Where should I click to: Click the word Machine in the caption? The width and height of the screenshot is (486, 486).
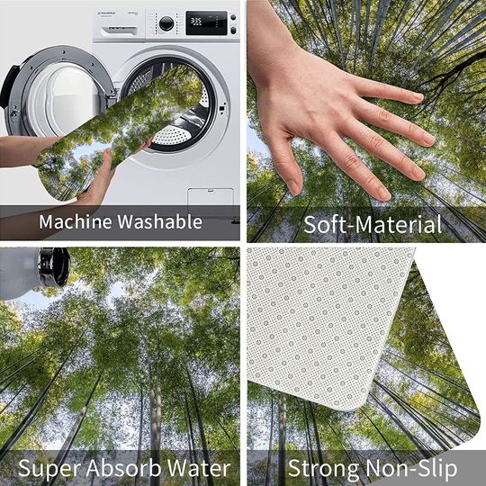pos(76,221)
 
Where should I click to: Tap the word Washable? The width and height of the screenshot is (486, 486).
pos(160,221)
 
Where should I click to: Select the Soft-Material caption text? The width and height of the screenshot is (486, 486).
pos(373,224)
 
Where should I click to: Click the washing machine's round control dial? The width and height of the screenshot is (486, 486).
pos(166,23)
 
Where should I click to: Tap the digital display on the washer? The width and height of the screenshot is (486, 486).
pos(206,22)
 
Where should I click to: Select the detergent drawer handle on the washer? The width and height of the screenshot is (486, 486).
pos(119,31)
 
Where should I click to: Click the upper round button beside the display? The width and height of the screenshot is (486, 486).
pos(233,17)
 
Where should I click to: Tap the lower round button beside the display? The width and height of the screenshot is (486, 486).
pos(233,30)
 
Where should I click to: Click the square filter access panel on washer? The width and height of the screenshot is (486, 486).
pos(211,197)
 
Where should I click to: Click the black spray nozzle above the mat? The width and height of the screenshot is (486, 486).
pos(53,266)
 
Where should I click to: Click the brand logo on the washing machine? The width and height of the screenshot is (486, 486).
pos(107,13)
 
